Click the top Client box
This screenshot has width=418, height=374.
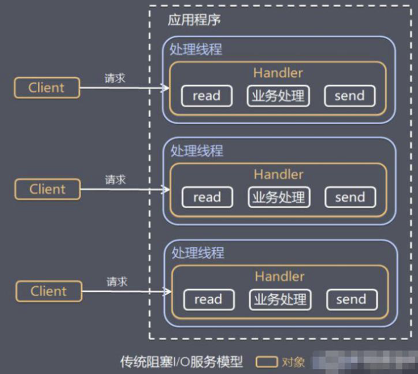(47, 88)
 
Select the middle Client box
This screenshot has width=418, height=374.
(47, 189)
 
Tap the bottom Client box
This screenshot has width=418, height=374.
(48, 291)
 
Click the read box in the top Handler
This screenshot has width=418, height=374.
(207, 96)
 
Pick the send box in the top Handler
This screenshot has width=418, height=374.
(350, 96)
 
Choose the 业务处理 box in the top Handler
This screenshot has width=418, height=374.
(278, 96)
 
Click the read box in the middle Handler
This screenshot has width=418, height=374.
(207, 197)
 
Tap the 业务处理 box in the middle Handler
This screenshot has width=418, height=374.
(279, 197)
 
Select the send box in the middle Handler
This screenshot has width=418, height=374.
(350, 197)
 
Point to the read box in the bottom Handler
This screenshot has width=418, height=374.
(209, 299)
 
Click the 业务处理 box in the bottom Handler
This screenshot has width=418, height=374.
(280, 299)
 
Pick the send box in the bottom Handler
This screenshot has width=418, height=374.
(351, 299)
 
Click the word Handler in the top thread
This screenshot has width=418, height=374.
(278, 73)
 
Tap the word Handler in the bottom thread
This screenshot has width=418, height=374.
(280, 276)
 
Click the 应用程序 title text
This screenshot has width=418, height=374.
(194, 20)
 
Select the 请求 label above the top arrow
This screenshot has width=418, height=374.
(115, 78)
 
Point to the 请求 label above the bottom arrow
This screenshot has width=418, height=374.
(117, 282)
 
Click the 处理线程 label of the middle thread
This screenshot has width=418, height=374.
(197, 151)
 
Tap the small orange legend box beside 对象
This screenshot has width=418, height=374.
(266, 362)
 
